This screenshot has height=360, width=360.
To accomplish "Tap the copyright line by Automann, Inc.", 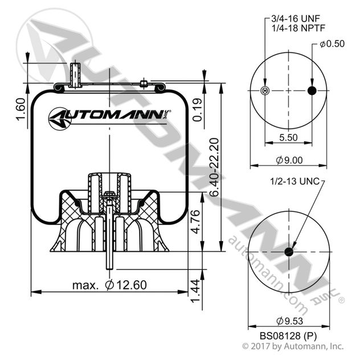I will pyautogui.click(x=293, y=346).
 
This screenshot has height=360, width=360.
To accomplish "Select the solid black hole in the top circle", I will pyautogui.click(x=312, y=91).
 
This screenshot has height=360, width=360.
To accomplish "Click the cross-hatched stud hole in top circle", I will pyautogui.click(x=264, y=91).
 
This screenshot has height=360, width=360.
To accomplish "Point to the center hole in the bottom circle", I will pyautogui.click(x=289, y=252).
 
